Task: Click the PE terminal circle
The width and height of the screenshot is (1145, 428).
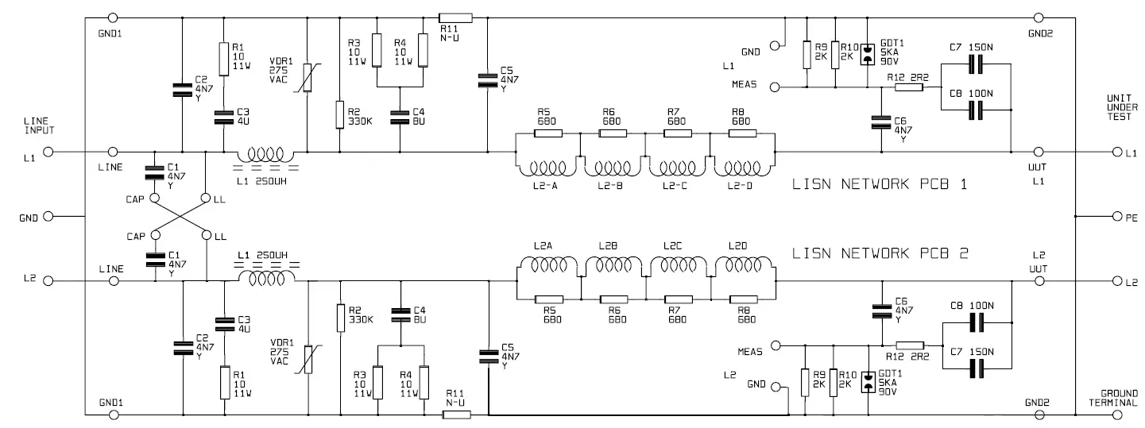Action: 1118,216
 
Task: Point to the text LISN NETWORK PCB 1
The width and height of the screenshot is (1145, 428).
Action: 880,184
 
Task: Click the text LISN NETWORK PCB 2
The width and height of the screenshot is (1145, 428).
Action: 880,253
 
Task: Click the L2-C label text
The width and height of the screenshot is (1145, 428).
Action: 675,186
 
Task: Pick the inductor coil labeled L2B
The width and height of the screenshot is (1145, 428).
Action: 610,265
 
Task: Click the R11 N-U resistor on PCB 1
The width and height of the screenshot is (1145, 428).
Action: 456,17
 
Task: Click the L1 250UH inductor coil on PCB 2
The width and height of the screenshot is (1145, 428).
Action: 268,279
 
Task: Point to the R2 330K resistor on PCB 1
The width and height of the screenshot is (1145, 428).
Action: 340,114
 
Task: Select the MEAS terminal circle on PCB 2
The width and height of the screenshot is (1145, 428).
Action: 776,345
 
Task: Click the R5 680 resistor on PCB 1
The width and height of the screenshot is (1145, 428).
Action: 548,133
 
